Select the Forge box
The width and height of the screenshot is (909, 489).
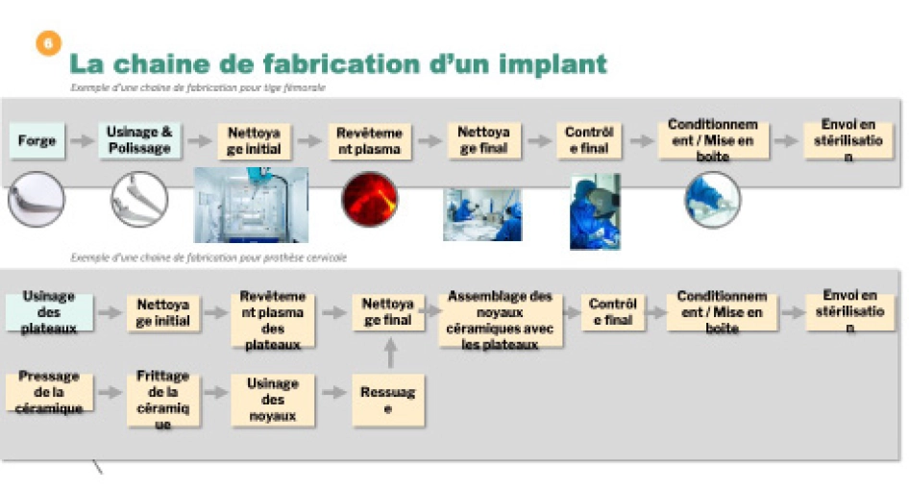tap(37, 141)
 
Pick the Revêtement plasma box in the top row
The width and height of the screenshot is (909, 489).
tap(369, 141)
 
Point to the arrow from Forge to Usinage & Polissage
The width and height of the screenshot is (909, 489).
tap(83, 141)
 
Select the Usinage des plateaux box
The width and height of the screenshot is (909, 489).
tap(49, 313)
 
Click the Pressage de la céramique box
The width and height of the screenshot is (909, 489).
tap(49, 393)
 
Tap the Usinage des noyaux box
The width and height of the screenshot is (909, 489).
tap(273, 399)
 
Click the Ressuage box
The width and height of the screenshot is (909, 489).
tap(387, 399)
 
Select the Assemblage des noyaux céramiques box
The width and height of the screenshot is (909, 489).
tap(501, 319)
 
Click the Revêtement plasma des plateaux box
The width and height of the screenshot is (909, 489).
tap(273, 319)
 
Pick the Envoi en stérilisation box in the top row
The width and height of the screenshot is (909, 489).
tap(848, 141)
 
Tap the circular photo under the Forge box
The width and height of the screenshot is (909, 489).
tap(37, 201)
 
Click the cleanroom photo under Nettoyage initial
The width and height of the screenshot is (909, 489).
tap(251, 205)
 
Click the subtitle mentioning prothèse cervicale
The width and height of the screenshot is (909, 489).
tap(209, 257)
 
